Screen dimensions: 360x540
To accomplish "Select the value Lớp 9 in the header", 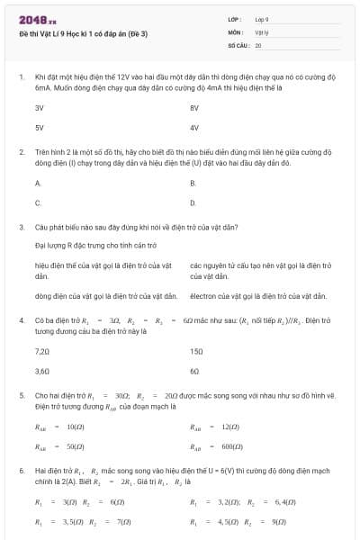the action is (262, 19).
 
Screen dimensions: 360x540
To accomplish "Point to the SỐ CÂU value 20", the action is (258, 44).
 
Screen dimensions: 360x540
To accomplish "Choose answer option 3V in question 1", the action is (40, 107).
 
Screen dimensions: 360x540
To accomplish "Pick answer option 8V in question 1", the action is (194, 107).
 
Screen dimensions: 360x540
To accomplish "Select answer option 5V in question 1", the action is (40, 127).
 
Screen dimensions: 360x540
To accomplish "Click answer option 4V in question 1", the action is (194, 127).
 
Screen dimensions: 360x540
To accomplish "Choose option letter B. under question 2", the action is (193, 183).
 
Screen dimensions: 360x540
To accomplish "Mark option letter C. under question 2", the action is (38, 202).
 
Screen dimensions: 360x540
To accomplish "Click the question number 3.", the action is (21, 227).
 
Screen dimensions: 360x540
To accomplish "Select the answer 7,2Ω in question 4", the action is (41, 350).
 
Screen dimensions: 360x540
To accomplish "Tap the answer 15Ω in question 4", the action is (196, 350).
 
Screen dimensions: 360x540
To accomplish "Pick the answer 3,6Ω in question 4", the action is (41, 370).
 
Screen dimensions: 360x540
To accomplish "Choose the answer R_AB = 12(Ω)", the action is (214, 427).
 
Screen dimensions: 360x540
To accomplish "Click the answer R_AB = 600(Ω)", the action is (216, 445).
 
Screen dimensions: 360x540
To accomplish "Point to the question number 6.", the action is (21, 470).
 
